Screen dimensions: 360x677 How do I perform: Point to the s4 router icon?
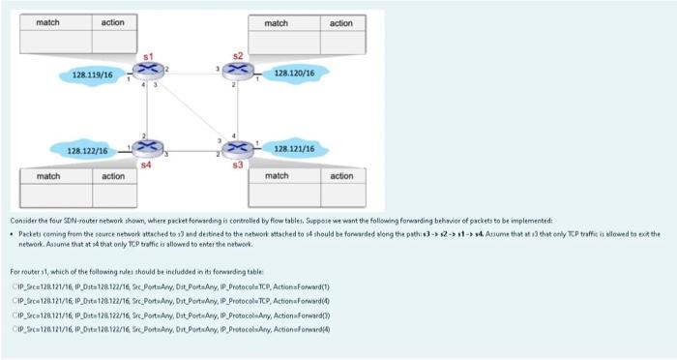tap(147, 149)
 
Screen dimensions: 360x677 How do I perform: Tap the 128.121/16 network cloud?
tap(296, 149)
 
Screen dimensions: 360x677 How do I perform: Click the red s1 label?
tap(148, 57)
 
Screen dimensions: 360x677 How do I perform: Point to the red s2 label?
tap(233, 54)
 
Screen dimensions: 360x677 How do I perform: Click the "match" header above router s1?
tap(48, 21)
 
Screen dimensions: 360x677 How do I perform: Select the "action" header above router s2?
tap(340, 22)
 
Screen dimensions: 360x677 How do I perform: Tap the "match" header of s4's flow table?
tap(48, 176)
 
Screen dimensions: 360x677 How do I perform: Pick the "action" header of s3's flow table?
tap(340, 176)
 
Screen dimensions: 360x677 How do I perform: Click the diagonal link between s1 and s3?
tap(191, 111)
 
